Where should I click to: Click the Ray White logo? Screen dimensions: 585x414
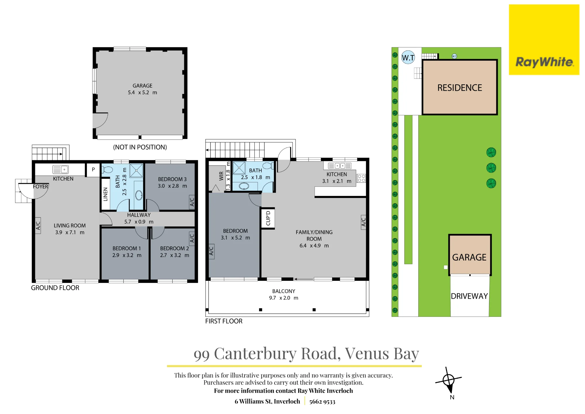coord(544,40)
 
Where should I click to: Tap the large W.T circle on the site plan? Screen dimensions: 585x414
coord(408,57)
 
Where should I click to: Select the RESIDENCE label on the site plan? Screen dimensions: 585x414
coord(460,88)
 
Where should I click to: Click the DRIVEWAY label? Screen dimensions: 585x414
coord(469,296)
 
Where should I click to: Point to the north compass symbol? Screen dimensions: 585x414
coord(448,381)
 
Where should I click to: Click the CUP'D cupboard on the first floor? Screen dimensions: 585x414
coord(268,218)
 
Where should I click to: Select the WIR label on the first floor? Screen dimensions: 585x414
coord(221,176)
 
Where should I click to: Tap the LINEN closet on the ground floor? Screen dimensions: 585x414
coord(105,194)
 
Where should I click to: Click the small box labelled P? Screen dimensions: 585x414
coord(93,170)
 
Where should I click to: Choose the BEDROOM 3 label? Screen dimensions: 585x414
coord(172,179)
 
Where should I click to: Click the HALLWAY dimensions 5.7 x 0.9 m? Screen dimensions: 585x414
coord(139,222)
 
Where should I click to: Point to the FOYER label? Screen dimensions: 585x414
coord(40,187)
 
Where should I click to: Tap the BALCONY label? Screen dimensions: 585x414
coord(284,291)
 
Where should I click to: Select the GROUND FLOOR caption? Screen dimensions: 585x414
coord(55,288)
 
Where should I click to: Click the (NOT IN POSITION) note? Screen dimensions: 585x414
coord(140,147)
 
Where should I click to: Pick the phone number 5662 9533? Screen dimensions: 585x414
coord(322,401)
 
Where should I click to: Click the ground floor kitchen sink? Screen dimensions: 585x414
coord(61,170)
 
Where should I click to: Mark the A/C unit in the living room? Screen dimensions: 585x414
coord(38,225)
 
